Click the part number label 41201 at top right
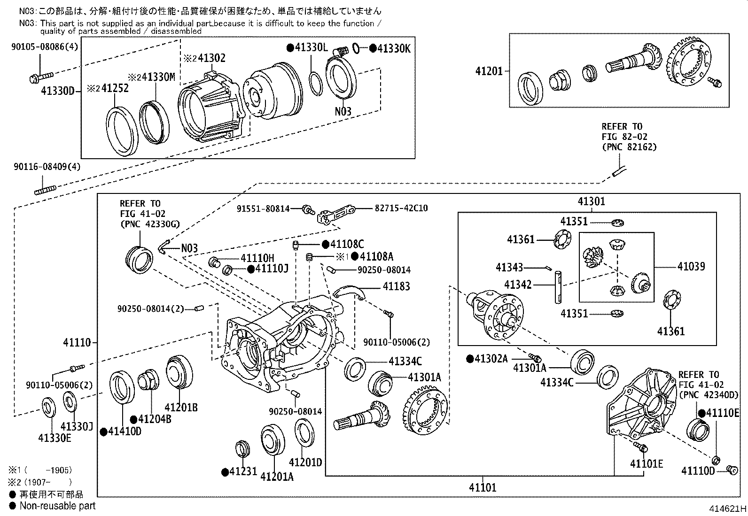pos(489,71)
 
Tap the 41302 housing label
pos(211,58)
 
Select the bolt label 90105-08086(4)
pos(45,46)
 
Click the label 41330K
pos(394,48)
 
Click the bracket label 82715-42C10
pos(401,208)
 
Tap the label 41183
pos(396,286)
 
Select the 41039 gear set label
pos(691,267)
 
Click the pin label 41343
pos(509,268)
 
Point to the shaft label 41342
pos(518,285)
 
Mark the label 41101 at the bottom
pos(482,487)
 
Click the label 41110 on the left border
pos(77,343)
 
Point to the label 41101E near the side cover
pos(647,464)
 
